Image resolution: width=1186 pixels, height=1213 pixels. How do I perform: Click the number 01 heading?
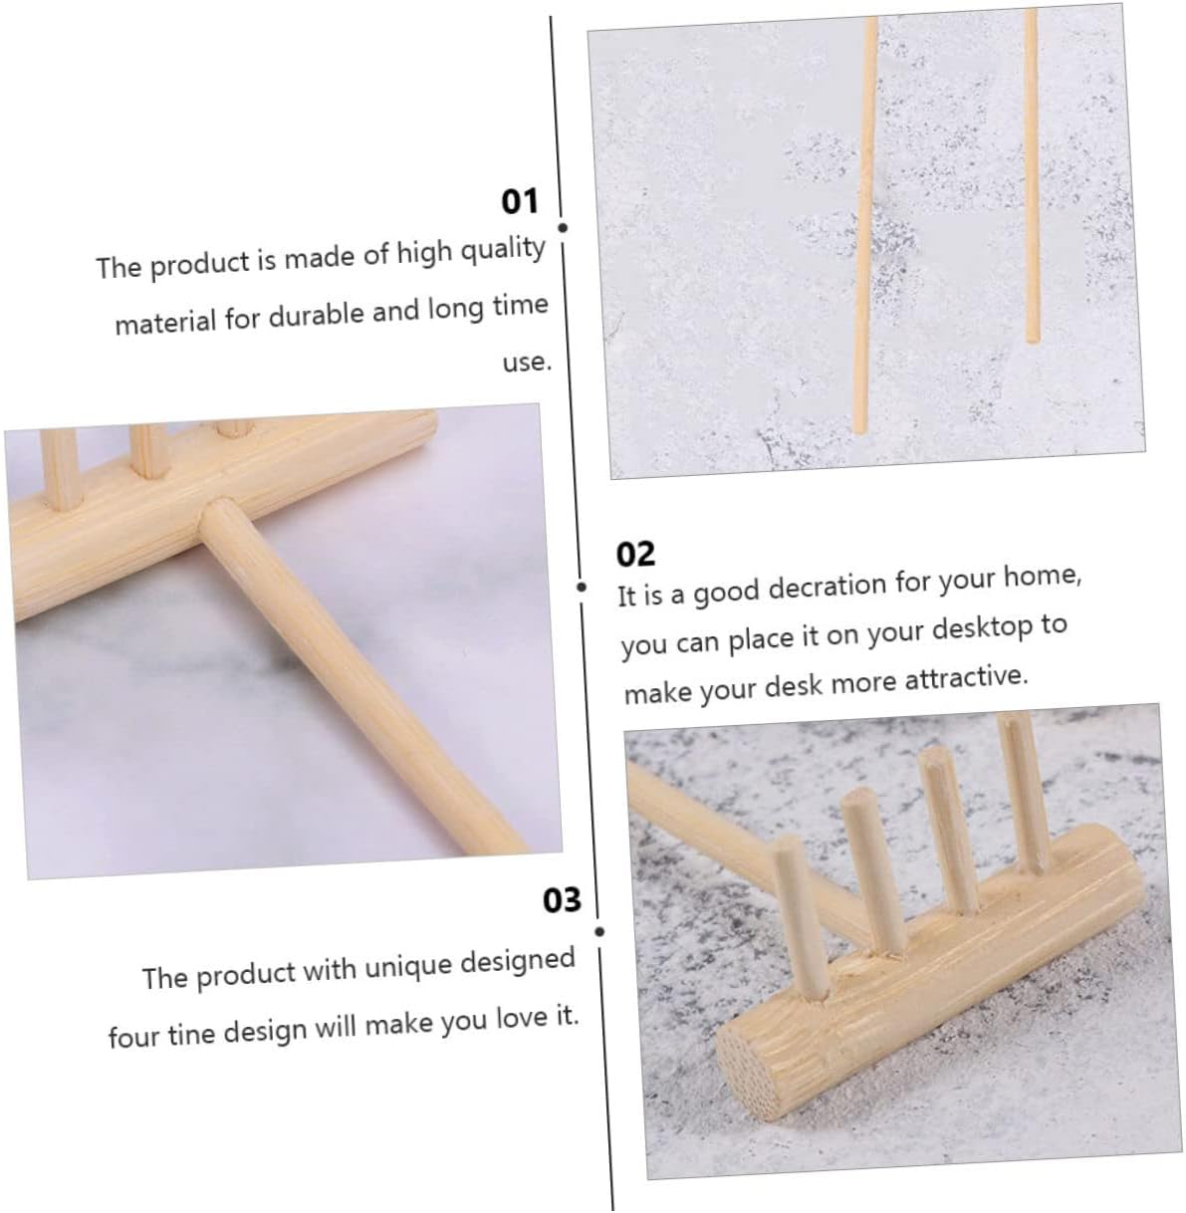click(519, 201)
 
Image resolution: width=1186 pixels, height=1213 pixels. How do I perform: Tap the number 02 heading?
click(635, 554)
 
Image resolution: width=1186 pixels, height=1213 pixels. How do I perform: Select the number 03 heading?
click(562, 900)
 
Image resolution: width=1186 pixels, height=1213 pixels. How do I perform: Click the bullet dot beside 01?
click(563, 228)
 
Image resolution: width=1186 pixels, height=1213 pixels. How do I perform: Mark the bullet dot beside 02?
click(582, 587)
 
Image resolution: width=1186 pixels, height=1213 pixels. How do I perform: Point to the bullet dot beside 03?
click(599, 932)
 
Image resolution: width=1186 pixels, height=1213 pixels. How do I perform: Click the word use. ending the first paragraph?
click(527, 362)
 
